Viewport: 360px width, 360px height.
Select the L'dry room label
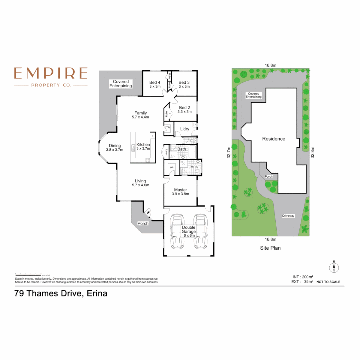point(185,129)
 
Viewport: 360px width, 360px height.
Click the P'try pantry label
point(167,127)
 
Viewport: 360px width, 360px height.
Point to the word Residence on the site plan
point(274,139)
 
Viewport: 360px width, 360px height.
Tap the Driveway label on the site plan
point(288,216)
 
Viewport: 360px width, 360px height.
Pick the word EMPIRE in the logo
point(51,73)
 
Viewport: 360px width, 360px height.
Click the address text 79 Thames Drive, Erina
point(61,294)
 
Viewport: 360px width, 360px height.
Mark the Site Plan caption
point(270,248)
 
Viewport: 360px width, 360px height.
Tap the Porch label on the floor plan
point(143,223)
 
